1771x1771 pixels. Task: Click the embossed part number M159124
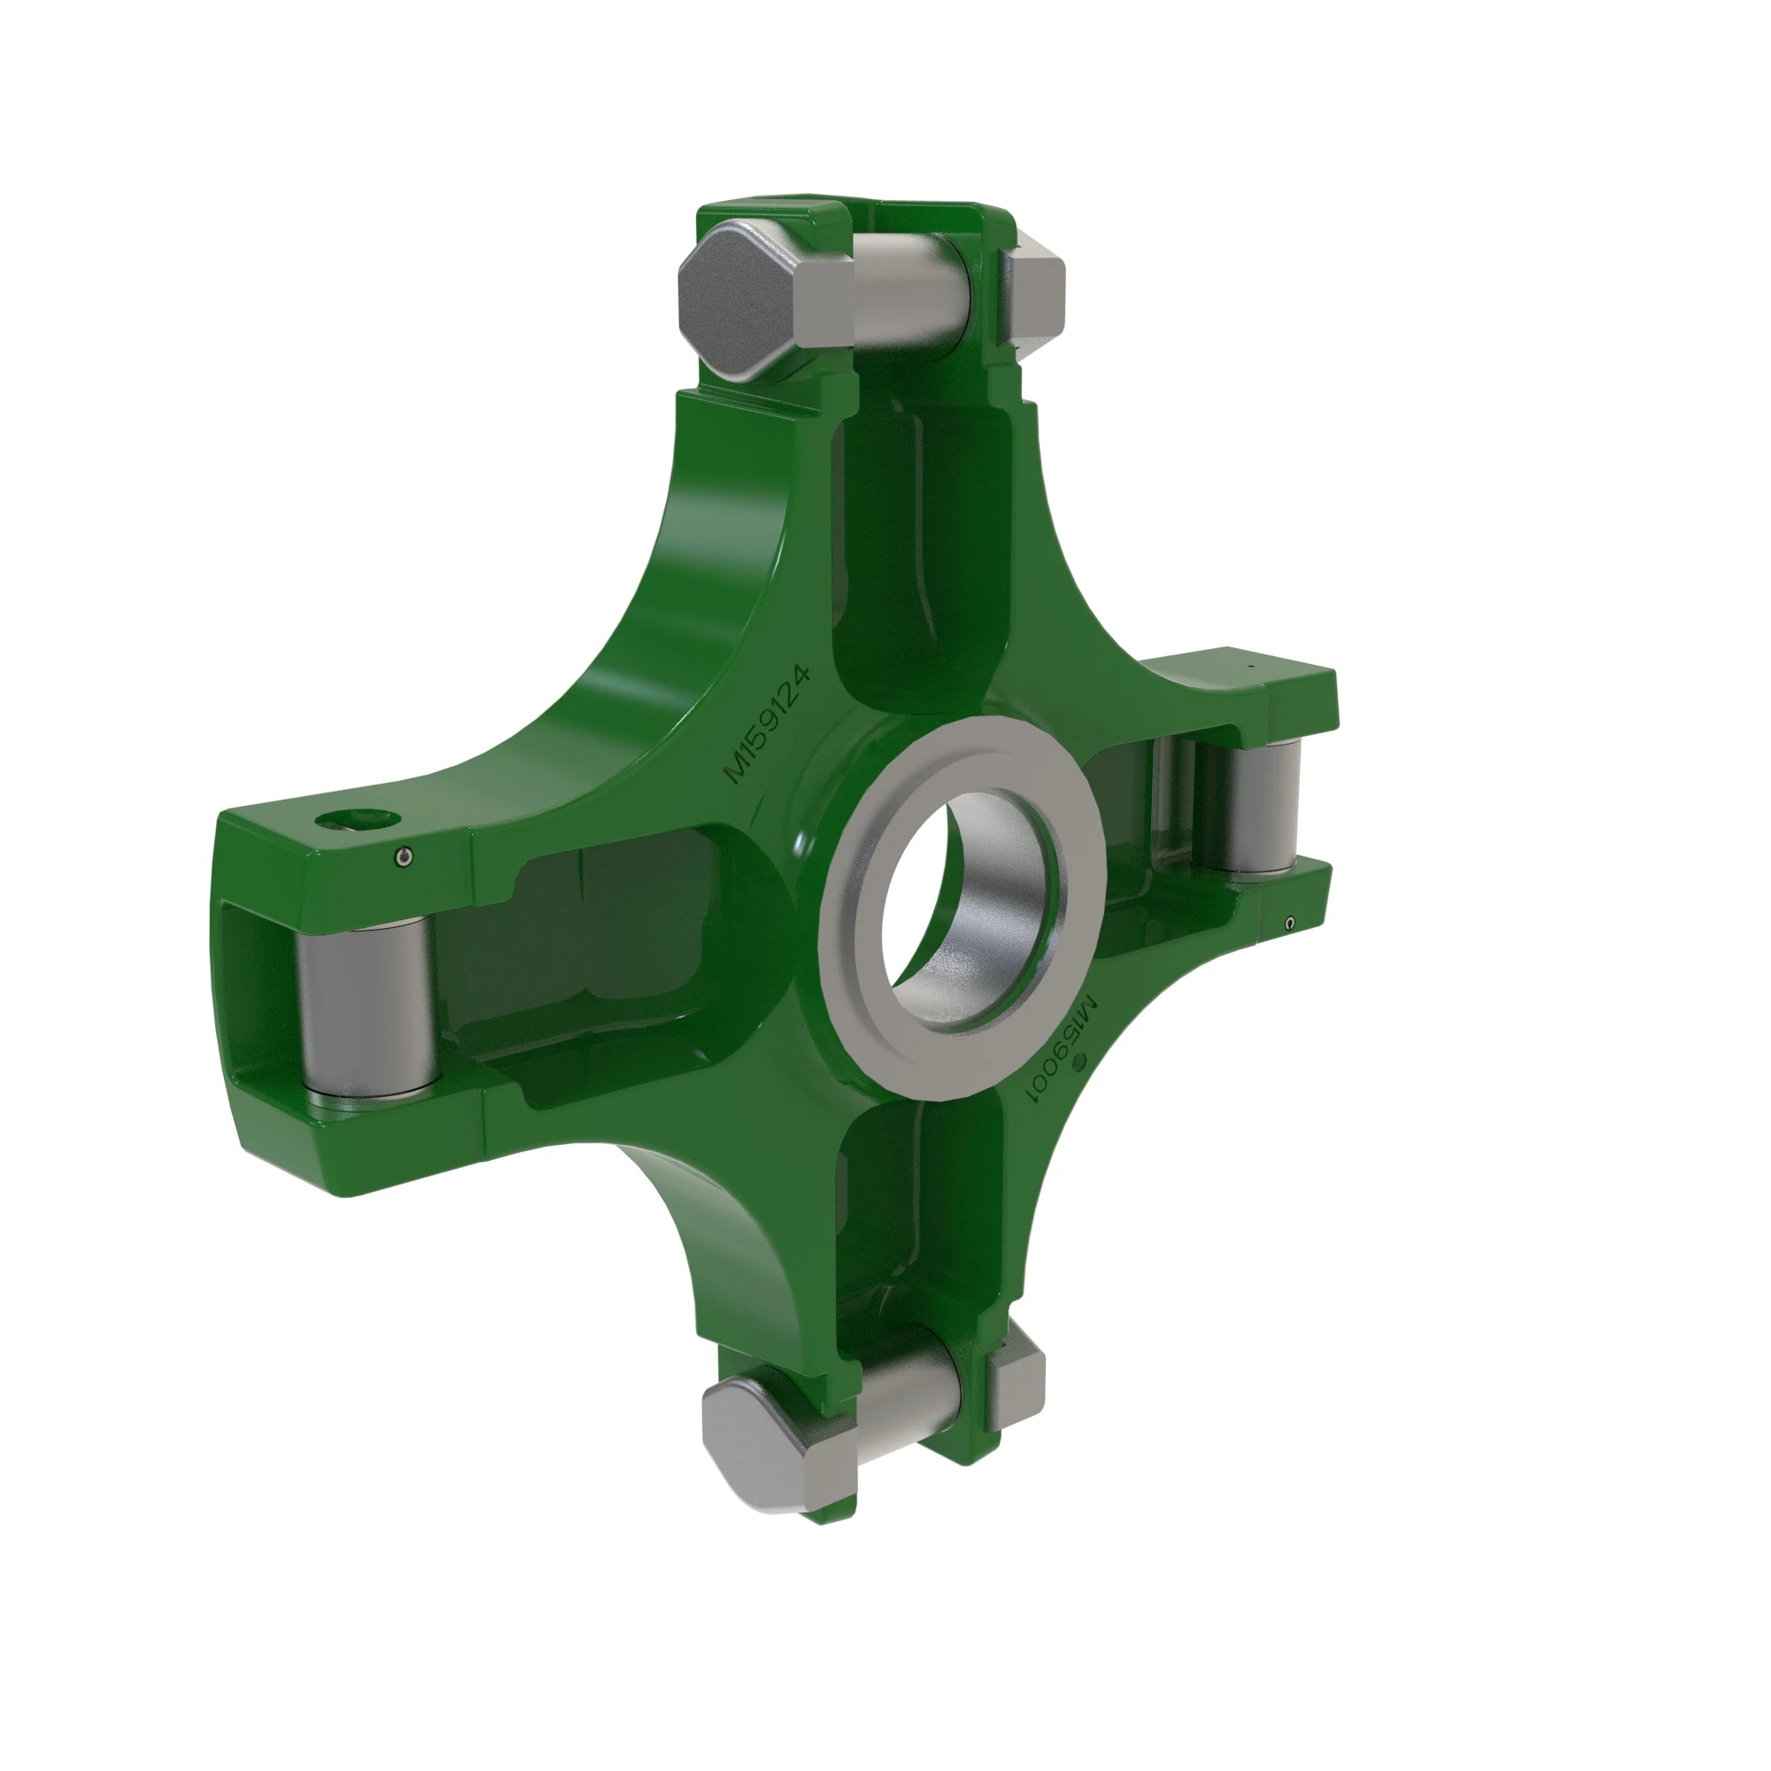coord(768,724)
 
